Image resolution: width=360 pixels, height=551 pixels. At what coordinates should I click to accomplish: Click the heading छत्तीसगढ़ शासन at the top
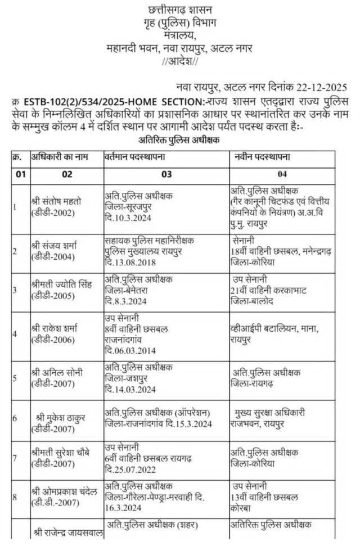point(179,10)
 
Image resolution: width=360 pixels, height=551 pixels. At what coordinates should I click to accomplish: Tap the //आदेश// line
point(179,61)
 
